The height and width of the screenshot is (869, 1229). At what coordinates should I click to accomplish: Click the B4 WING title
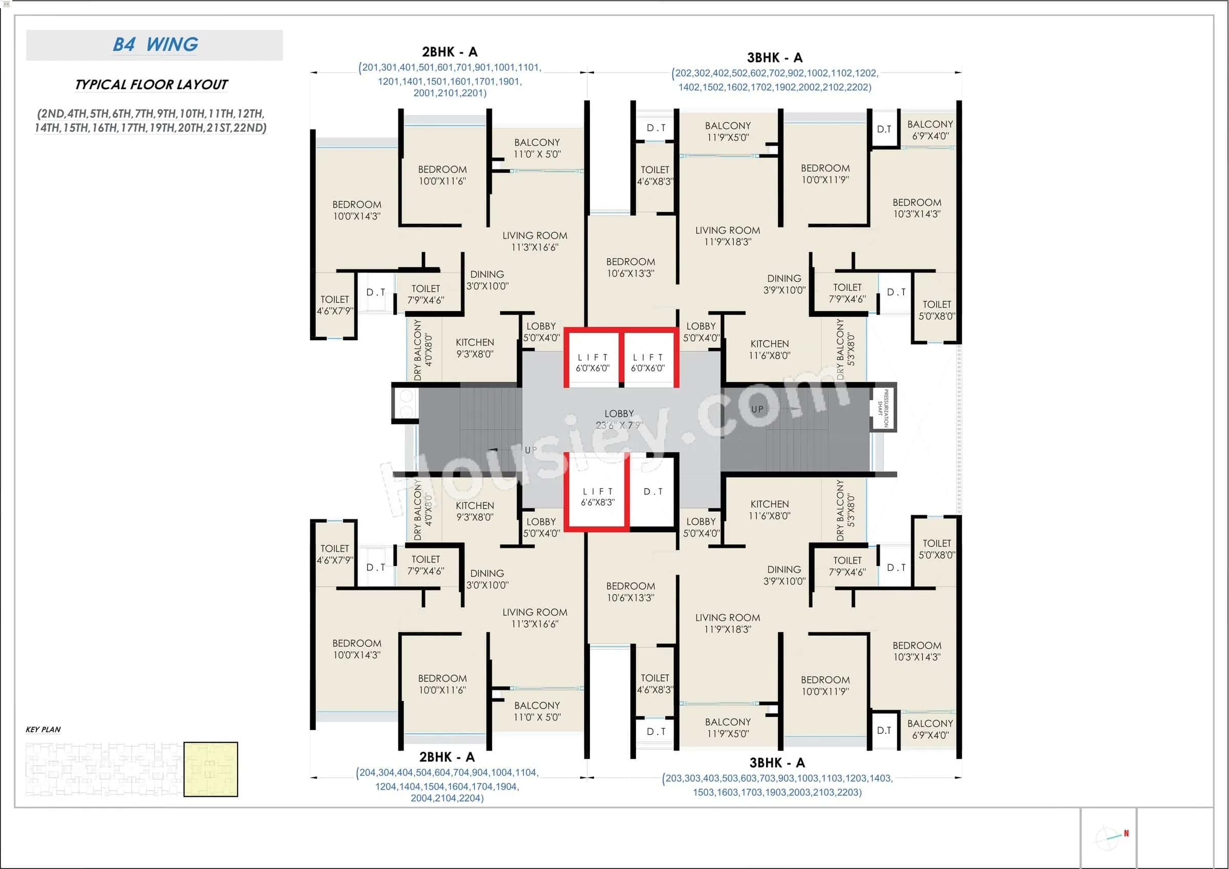[155, 45]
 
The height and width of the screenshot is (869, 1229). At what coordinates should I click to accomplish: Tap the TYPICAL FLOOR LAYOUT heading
[151, 85]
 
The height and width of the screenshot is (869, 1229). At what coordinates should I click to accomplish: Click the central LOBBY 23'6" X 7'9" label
[619, 419]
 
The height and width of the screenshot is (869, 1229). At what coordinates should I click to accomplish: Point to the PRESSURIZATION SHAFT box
[882, 408]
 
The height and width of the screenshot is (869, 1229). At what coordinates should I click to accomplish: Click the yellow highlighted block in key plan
[210, 769]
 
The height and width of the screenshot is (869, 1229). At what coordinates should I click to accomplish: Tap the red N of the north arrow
[1126, 833]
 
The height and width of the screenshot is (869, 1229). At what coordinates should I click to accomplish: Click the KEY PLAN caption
[43, 729]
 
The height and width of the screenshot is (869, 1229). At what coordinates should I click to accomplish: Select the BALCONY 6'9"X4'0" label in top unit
[930, 130]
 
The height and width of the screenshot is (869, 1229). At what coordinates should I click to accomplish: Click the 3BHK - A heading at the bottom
[777, 762]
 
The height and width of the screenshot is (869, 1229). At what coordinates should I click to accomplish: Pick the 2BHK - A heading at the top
[449, 52]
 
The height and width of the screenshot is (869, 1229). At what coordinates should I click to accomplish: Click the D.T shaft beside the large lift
[653, 491]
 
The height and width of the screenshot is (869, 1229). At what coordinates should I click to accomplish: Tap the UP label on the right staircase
[757, 409]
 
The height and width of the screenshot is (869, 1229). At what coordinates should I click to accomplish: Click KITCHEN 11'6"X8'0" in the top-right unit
[769, 349]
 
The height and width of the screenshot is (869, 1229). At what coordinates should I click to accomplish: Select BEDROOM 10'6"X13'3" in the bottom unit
[630, 592]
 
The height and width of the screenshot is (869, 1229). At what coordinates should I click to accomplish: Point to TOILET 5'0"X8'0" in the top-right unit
[936, 310]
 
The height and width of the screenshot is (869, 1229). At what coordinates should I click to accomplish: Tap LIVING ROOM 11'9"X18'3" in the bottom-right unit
[727, 623]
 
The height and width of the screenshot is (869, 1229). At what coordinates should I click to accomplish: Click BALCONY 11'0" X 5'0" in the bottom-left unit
[537, 711]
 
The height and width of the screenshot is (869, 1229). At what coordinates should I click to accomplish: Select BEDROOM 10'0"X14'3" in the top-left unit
[356, 210]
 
